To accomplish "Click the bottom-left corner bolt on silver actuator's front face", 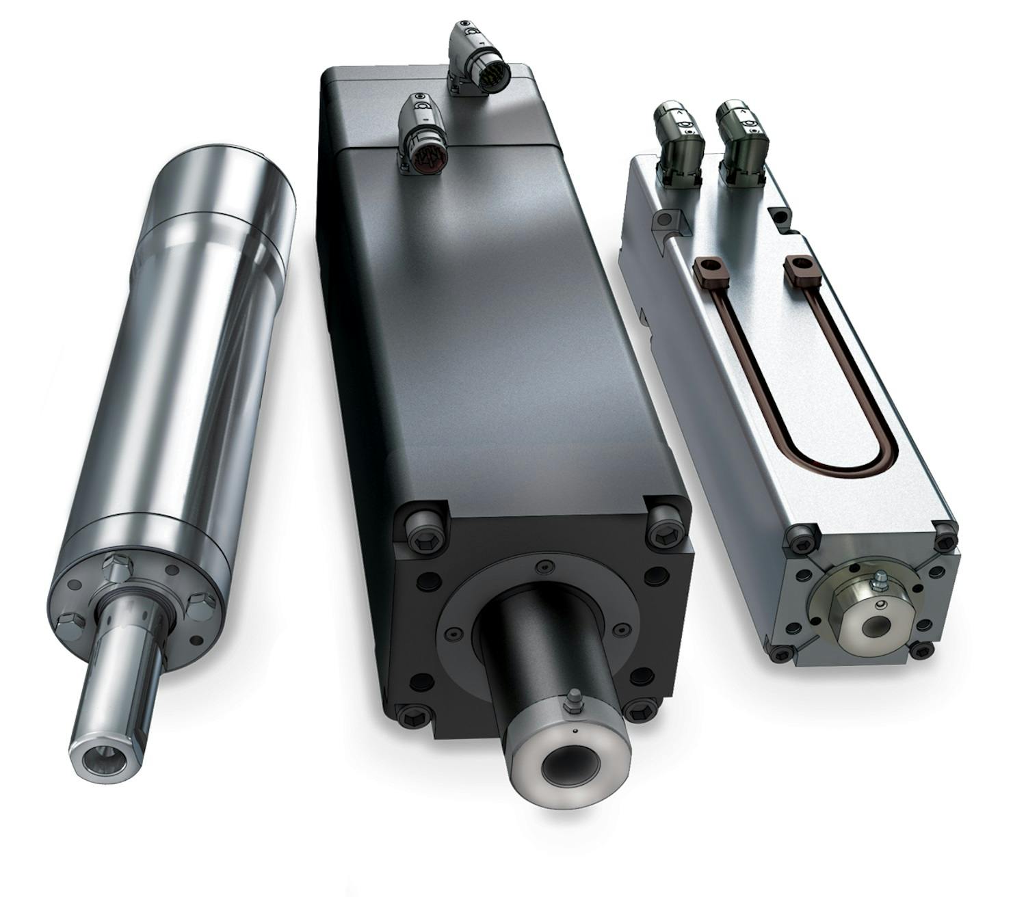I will (780, 654).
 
